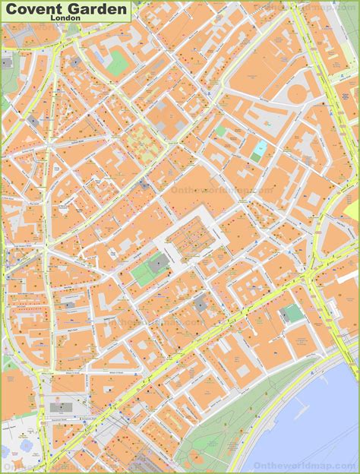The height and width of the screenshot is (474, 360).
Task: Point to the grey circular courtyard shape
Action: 298,93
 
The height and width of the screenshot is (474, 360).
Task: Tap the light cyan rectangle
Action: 260,148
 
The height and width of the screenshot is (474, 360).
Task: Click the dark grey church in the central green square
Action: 159,264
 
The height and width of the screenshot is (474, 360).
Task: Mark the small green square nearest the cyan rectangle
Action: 256,157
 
